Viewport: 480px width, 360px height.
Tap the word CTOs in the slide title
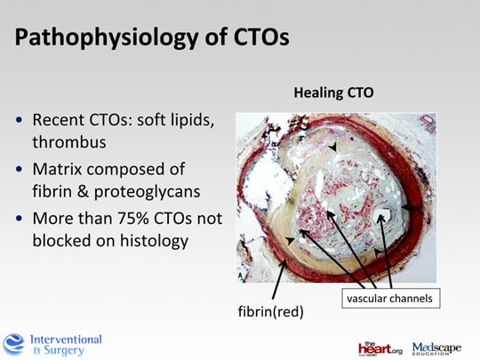click(x=261, y=37)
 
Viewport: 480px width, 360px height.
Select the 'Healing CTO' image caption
click(x=333, y=92)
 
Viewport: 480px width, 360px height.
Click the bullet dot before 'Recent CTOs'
click(x=19, y=119)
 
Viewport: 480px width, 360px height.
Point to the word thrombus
click(x=69, y=142)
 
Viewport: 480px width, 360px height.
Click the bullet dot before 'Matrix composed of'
click(x=19, y=169)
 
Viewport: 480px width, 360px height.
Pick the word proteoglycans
click(x=147, y=192)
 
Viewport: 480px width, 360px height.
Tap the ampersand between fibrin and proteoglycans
click(x=83, y=191)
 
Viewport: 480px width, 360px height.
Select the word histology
click(x=154, y=241)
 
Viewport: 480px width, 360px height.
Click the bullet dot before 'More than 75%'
click(x=19, y=219)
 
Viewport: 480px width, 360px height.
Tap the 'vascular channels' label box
click(x=391, y=298)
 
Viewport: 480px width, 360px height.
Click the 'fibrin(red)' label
click(x=271, y=312)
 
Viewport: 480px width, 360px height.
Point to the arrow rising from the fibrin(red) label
click(x=279, y=279)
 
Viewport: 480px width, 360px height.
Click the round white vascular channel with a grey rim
click(x=382, y=215)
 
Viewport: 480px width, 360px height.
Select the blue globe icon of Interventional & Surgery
click(x=13, y=345)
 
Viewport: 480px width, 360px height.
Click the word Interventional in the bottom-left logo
click(x=66, y=340)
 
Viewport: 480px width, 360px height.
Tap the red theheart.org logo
click(x=380, y=348)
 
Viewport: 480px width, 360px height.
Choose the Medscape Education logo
click(x=436, y=348)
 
